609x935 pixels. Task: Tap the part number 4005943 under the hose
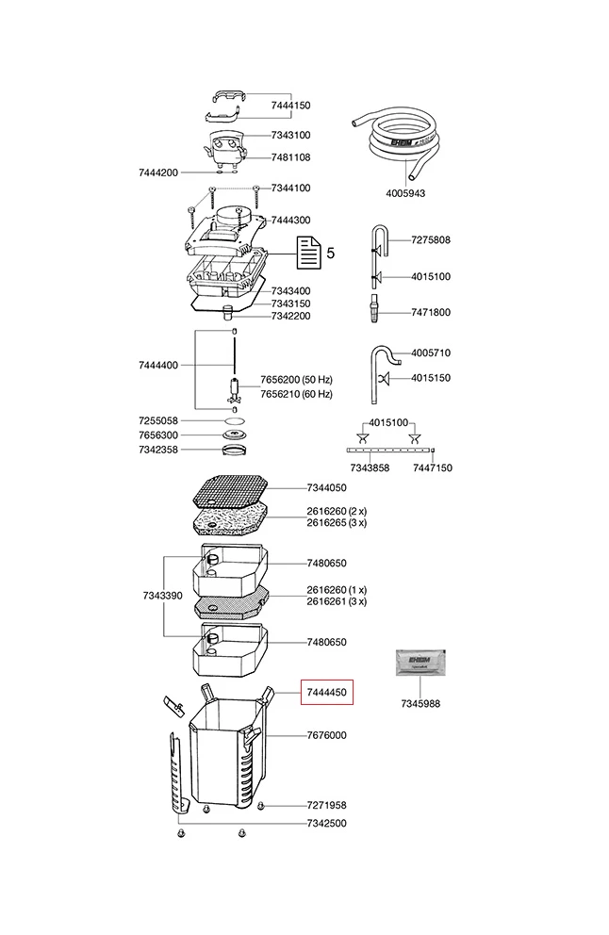(406, 193)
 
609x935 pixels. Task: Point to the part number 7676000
(326, 735)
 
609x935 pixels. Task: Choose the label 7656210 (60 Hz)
(296, 394)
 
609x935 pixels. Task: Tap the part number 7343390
(162, 596)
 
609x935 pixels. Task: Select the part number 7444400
(157, 365)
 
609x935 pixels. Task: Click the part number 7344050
(326, 488)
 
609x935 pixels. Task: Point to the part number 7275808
(431, 240)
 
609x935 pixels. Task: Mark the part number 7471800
(431, 312)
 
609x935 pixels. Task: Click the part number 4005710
(431, 353)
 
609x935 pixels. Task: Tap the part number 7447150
(433, 467)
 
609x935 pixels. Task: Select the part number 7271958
(326, 806)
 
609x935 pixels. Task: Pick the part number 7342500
(326, 824)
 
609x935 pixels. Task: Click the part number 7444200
(157, 172)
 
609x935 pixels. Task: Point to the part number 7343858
(370, 467)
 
